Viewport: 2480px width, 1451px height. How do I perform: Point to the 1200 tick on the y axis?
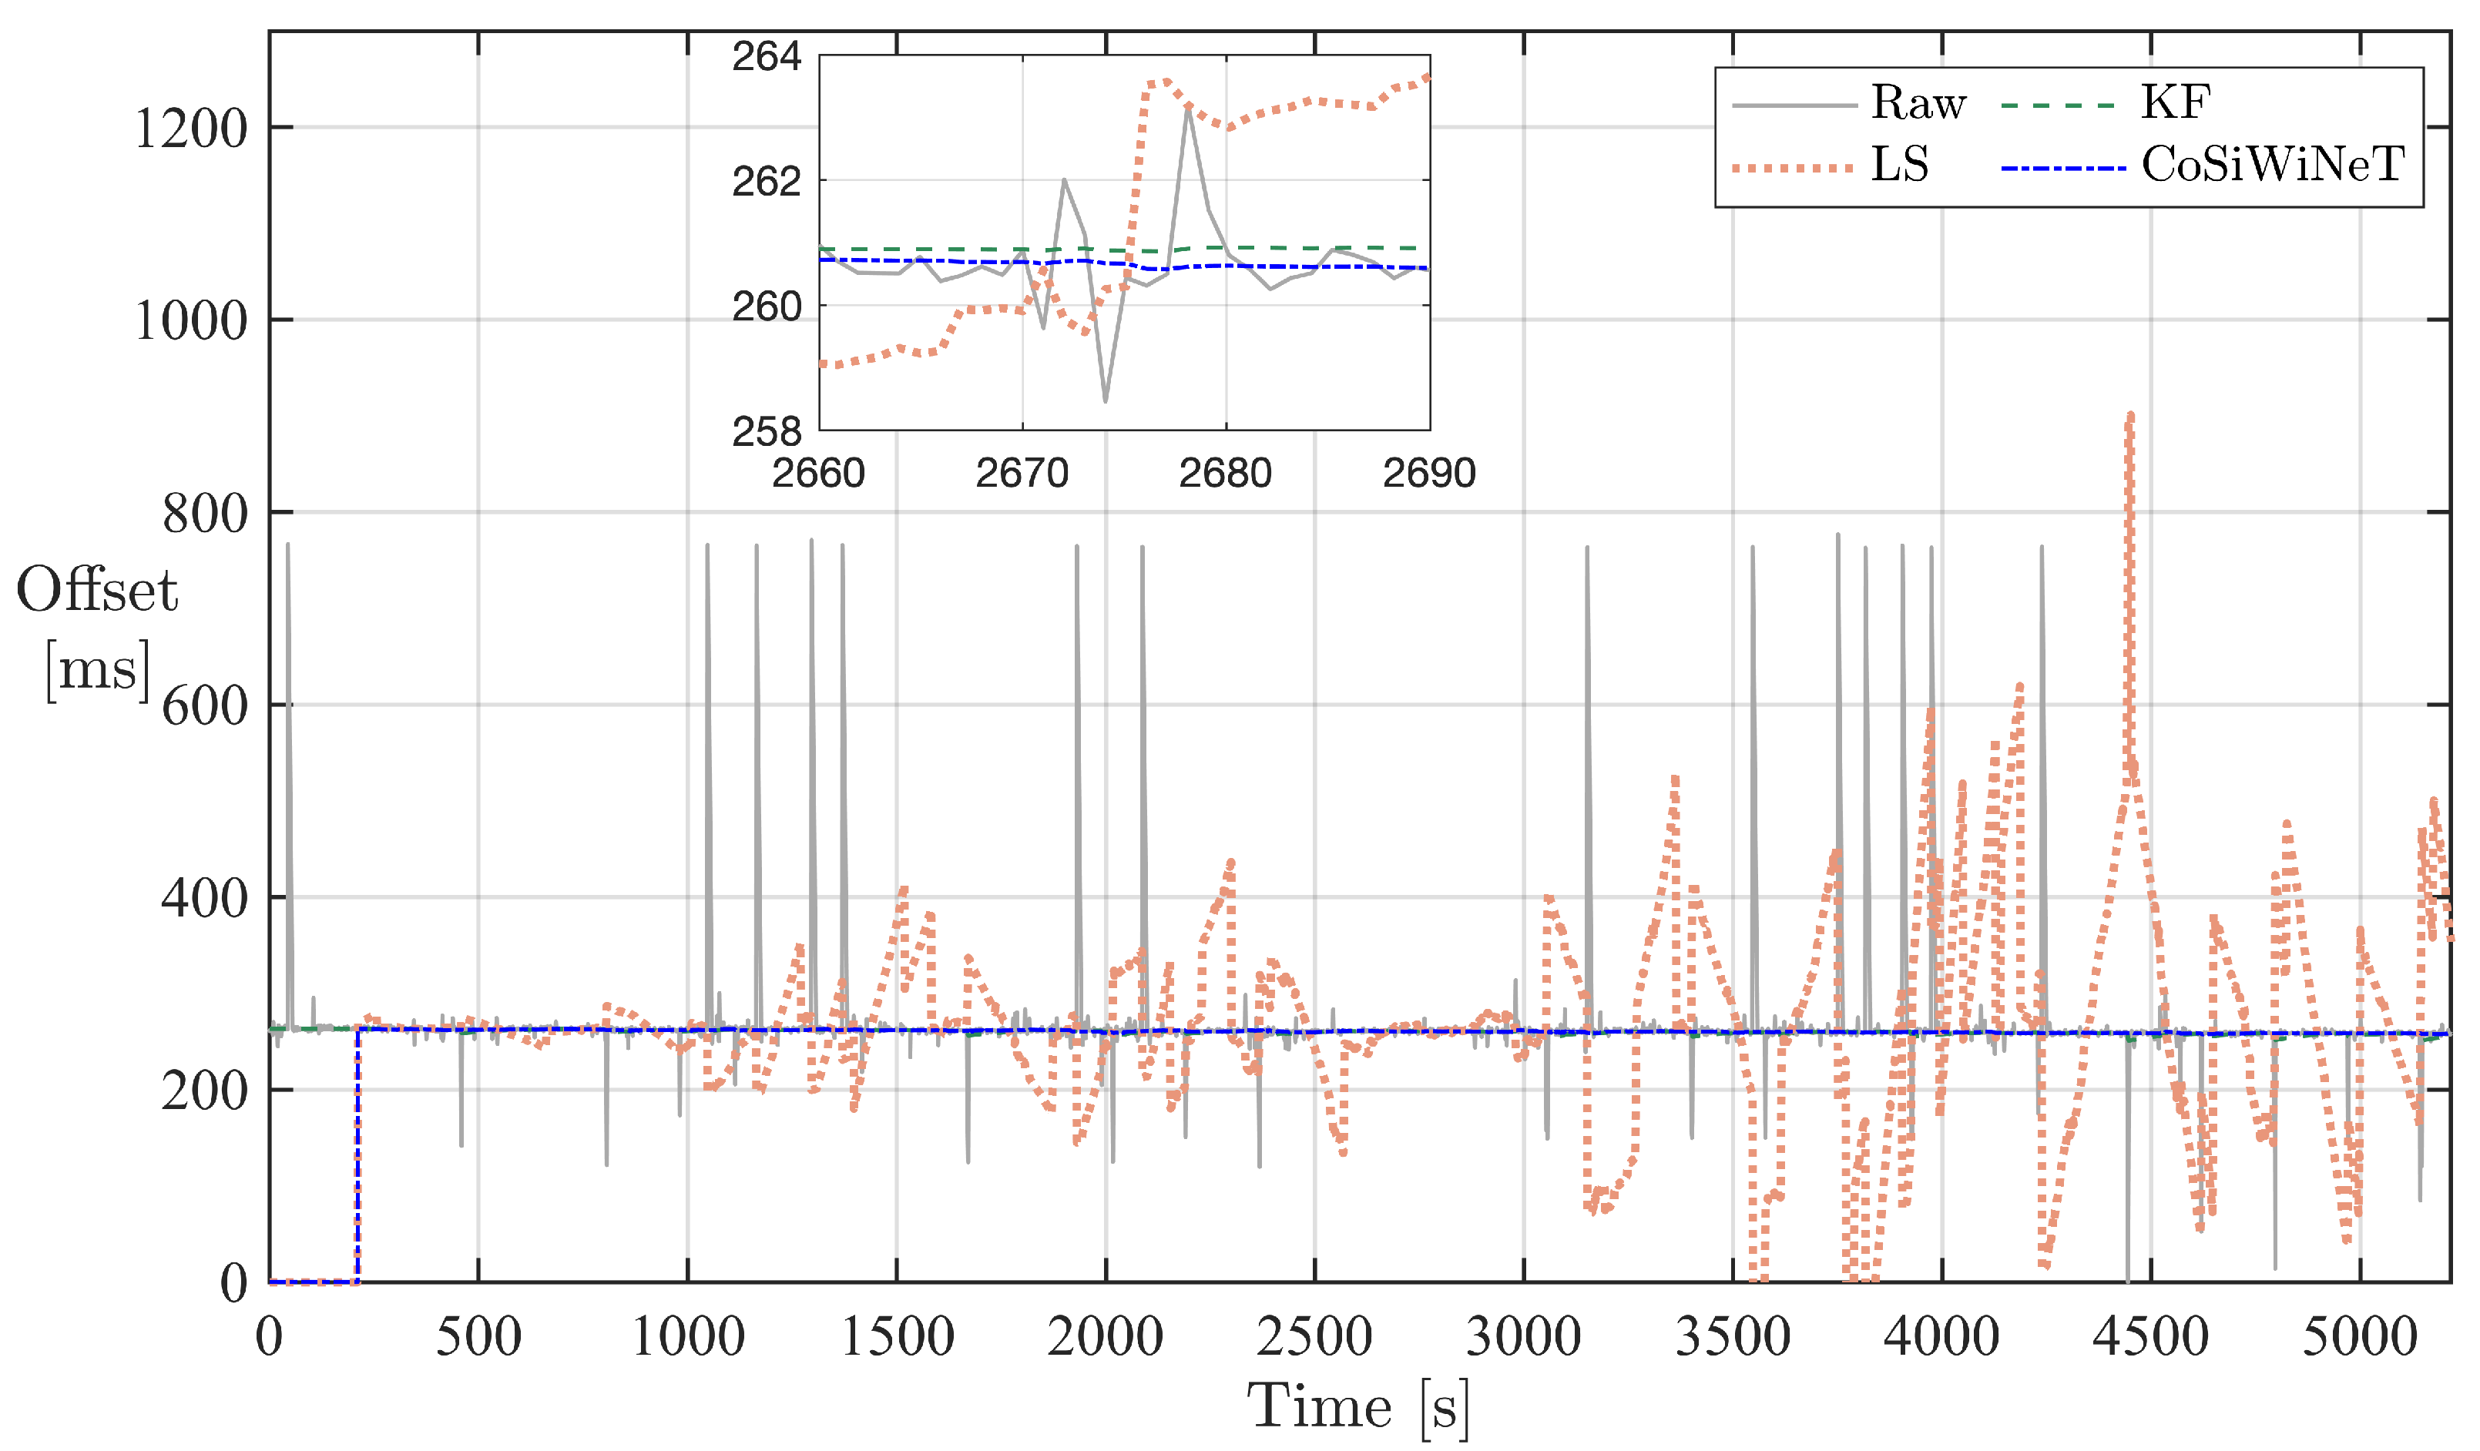(x=190, y=129)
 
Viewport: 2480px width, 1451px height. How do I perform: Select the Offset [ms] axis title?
(x=96, y=629)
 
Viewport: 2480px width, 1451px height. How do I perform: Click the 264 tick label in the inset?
(x=766, y=57)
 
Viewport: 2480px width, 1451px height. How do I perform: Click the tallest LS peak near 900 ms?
(x=2129, y=418)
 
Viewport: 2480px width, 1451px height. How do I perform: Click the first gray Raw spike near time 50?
(x=287, y=547)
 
